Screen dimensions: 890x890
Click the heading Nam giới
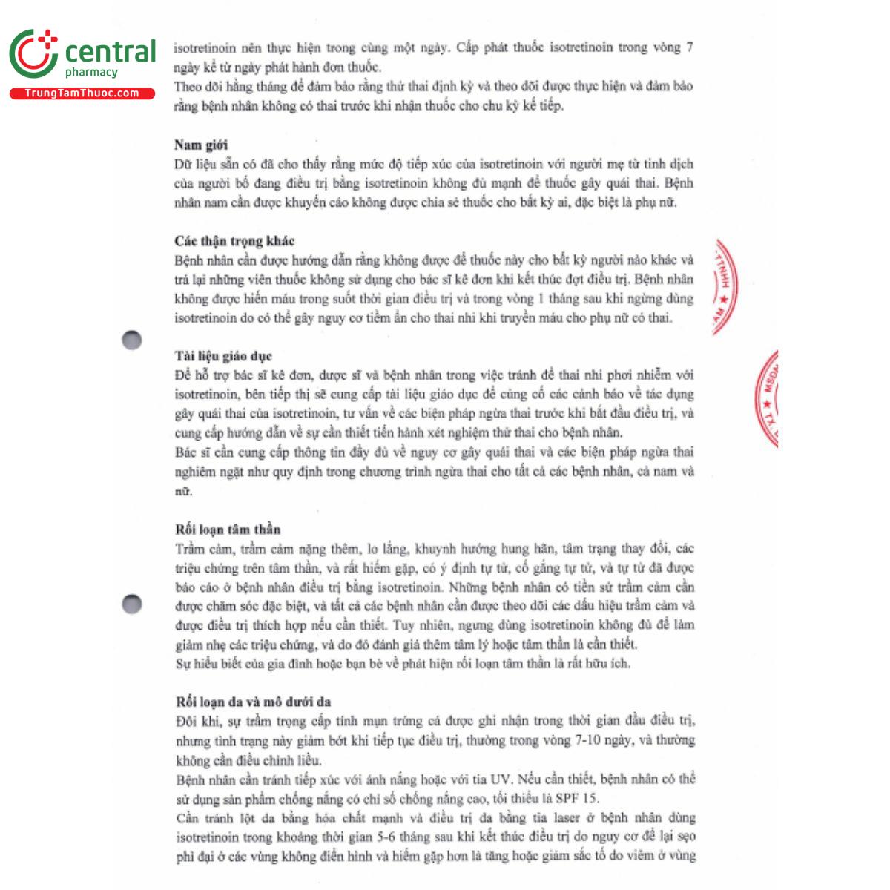201,145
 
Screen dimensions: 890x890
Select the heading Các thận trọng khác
234,241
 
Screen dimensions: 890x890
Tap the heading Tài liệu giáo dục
223,356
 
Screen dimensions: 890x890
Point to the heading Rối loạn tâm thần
228,530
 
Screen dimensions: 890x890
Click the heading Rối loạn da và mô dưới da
253,702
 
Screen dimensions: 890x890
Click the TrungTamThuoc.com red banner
82,93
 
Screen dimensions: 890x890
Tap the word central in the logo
111,52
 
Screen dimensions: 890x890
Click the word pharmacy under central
91,73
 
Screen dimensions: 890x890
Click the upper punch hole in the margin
131,340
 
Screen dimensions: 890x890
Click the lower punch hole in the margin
131,604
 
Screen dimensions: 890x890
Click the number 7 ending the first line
690,47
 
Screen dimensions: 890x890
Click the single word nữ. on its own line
183,491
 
